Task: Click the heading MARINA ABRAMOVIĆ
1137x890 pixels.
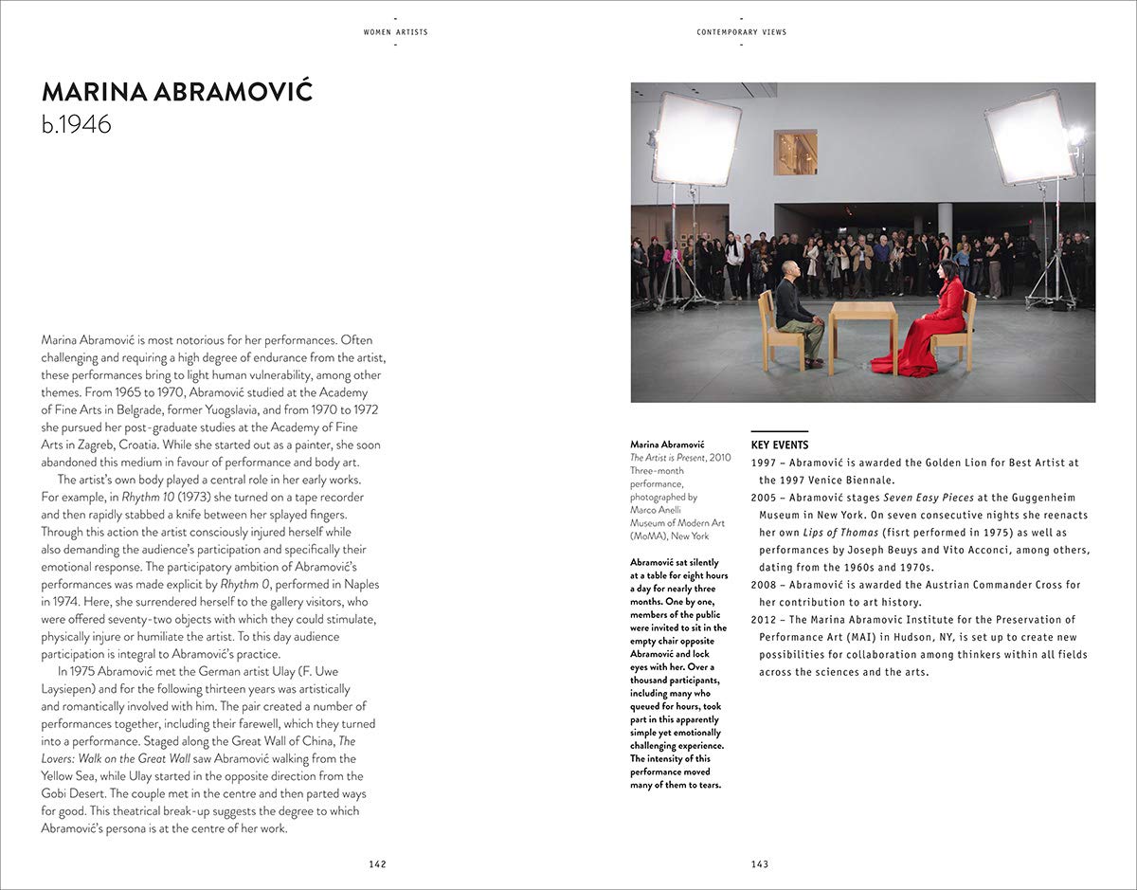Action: click(177, 92)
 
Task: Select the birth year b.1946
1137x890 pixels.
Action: click(77, 124)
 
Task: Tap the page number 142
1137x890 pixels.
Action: click(378, 863)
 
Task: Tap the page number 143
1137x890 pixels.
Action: click(759, 863)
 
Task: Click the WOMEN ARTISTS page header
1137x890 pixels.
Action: click(395, 32)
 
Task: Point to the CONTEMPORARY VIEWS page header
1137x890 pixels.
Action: click(741, 32)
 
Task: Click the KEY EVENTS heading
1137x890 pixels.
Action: click(780, 445)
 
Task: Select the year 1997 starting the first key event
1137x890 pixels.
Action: click(763, 463)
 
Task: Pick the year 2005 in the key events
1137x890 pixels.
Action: click(763, 498)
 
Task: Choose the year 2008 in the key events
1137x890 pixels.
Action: click(763, 585)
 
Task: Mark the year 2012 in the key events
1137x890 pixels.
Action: click(763, 620)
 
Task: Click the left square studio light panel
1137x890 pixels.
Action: click(695, 139)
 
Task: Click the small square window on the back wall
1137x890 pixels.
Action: click(795, 153)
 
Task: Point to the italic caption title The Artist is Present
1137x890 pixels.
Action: click(668, 458)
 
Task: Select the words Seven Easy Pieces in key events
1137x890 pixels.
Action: click(926, 498)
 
